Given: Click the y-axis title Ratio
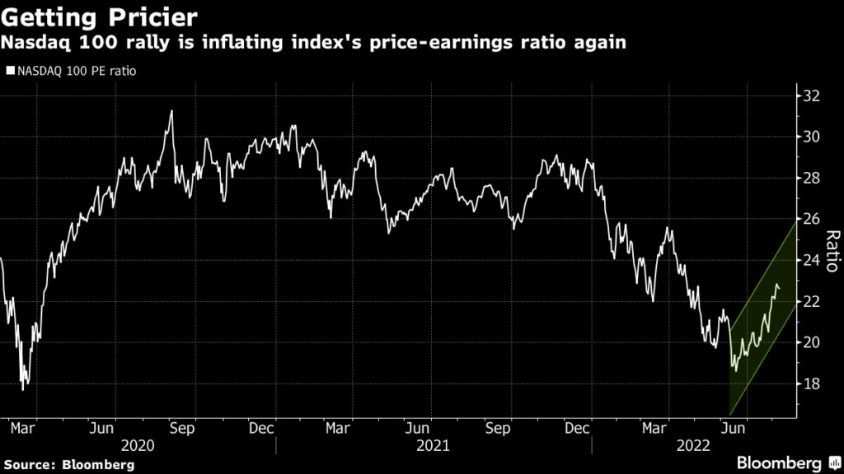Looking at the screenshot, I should [832, 250].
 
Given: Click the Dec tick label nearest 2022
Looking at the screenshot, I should [578, 428].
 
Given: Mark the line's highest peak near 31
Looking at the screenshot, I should [171, 111].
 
